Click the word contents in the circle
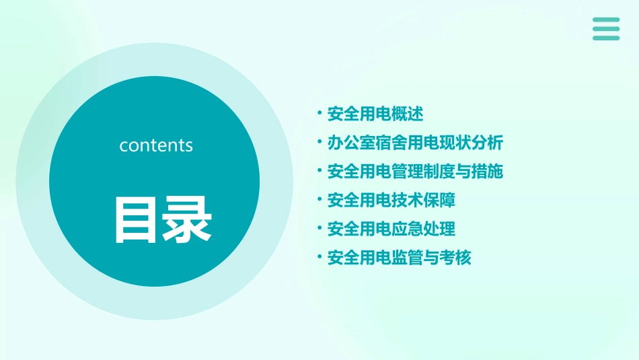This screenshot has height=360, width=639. pos(156,145)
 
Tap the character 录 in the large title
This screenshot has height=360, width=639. pos(187,219)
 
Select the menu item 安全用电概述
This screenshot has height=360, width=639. pos(375,114)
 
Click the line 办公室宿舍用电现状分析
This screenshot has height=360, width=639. pos(415,143)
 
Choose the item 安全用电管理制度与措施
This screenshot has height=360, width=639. pos(415,172)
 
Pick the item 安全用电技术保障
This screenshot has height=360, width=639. pos(391,200)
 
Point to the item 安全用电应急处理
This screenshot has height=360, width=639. pos(391,229)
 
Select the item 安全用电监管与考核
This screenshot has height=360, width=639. pos(399,258)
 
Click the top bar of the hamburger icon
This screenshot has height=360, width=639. pos(606,20)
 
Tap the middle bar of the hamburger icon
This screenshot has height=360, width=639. pos(606,28)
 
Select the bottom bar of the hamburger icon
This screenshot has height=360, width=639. pos(606,38)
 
